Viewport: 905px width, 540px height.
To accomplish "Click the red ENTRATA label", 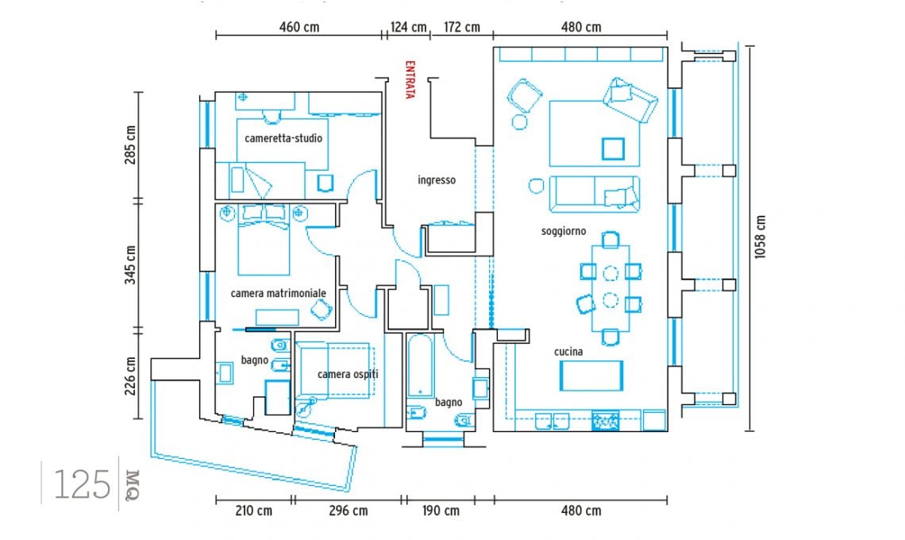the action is (x=410, y=79).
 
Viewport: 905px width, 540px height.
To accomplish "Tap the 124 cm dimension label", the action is (x=408, y=27).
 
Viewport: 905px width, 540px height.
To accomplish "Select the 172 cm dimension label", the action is (x=462, y=27).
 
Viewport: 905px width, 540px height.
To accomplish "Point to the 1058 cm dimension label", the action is (x=761, y=237).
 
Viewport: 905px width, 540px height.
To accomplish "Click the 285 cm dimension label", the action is (x=130, y=145).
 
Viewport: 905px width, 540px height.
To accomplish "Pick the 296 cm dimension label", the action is (x=348, y=511).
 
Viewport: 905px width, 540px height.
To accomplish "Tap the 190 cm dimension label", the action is (x=441, y=511).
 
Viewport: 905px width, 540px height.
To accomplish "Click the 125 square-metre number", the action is (x=82, y=484).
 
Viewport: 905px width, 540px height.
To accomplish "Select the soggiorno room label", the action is (x=564, y=231).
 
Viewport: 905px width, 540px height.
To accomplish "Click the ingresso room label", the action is (x=437, y=180).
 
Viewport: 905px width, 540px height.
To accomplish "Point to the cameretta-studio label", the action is (x=283, y=138).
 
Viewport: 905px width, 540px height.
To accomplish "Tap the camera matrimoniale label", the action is (x=278, y=293).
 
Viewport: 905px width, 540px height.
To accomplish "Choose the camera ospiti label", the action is (x=348, y=374).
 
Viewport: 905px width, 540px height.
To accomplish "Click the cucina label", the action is (x=568, y=351).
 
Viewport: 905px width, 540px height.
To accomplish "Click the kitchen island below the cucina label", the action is (x=591, y=376).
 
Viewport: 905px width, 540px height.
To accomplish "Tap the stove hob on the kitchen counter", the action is (x=606, y=420).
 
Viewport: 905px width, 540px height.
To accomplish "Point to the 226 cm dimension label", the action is (x=130, y=376).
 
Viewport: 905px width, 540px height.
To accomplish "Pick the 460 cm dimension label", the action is (x=299, y=27).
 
